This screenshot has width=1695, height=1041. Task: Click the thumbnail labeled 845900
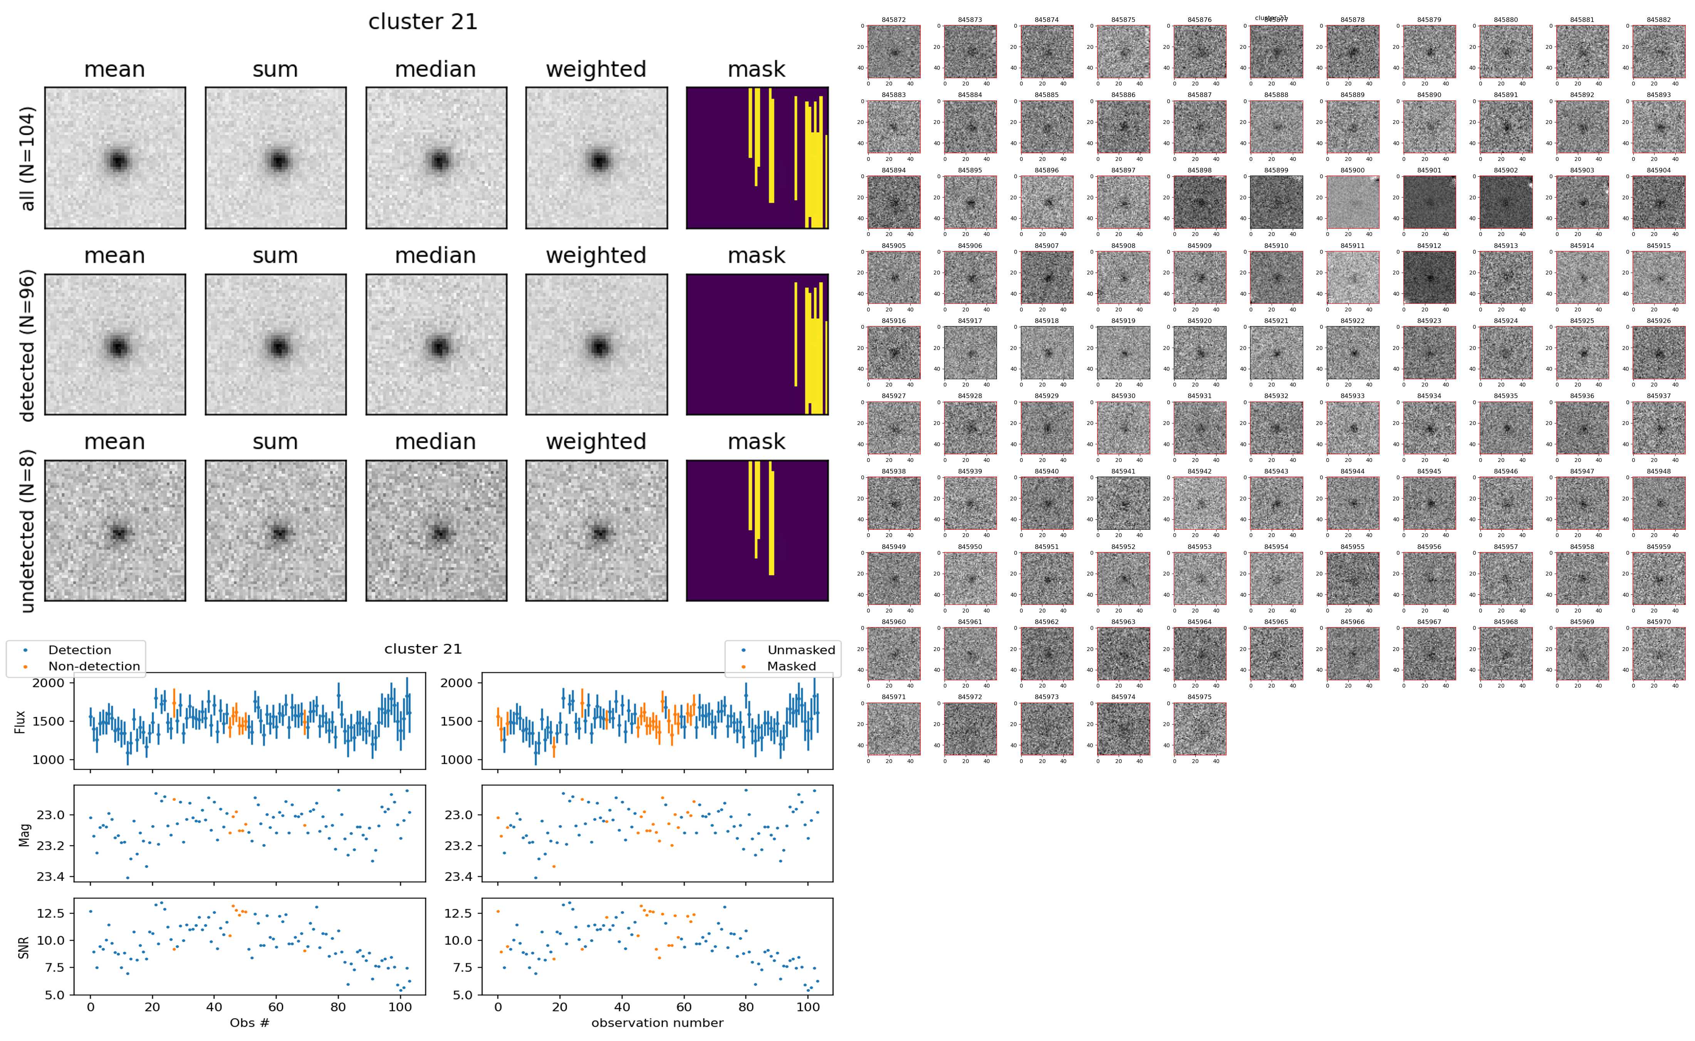click(x=1352, y=202)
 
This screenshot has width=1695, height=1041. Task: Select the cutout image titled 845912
click(x=1429, y=277)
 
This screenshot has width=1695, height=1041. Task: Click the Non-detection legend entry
click(x=94, y=666)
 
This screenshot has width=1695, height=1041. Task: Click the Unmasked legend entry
click(x=801, y=650)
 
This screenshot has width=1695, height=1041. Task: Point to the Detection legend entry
click(x=79, y=650)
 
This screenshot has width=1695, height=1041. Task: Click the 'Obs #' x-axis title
click(x=249, y=1023)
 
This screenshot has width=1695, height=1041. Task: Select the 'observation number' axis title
click(x=657, y=1023)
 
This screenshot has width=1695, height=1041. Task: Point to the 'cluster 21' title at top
click(x=423, y=22)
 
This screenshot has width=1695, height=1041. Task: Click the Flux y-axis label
click(x=21, y=721)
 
